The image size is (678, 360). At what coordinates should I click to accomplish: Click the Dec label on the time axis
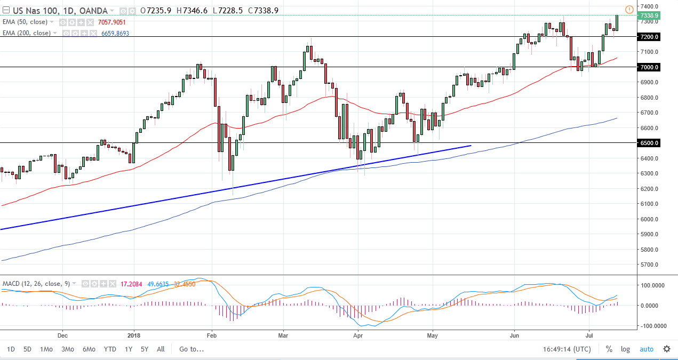click(x=62, y=335)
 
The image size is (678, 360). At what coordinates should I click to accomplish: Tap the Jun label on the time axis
click(x=514, y=335)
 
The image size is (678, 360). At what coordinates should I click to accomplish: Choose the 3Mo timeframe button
click(x=67, y=349)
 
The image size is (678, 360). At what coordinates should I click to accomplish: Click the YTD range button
click(x=110, y=349)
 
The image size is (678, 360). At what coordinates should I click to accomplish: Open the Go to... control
click(x=192, y=349)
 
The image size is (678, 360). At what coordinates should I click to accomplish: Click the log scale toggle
click(x=625, y=349)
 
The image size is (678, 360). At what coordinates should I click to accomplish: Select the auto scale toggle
click(x=646, y=349)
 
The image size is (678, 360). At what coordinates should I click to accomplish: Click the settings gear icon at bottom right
click(x=667, y=349)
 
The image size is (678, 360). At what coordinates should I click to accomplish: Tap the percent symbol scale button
click(x=609, y=349)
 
